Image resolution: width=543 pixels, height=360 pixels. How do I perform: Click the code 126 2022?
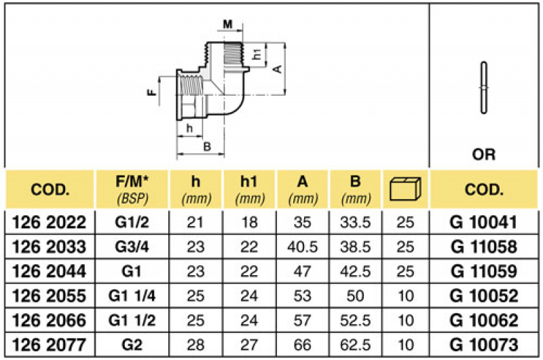pos(50,223)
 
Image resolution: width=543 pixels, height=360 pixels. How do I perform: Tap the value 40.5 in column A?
pos(302,247)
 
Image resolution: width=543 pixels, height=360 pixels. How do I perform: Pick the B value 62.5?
pos(356,344)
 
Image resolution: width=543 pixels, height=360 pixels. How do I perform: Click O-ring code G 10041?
pos(485,223)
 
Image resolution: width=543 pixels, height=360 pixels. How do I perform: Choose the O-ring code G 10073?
pos(485,344)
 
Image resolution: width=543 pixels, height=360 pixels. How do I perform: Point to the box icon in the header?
pos(405,190)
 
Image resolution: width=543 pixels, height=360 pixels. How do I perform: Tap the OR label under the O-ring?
pos(483,154)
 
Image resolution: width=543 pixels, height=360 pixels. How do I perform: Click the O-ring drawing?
pos(483,88)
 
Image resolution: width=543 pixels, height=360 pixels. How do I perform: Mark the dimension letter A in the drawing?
pos(276,69)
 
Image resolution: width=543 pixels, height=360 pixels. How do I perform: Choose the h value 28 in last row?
pos(196,344)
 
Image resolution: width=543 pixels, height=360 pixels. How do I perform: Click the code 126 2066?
pos(50,319)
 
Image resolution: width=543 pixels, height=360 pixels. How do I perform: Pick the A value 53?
pos(302,295)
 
